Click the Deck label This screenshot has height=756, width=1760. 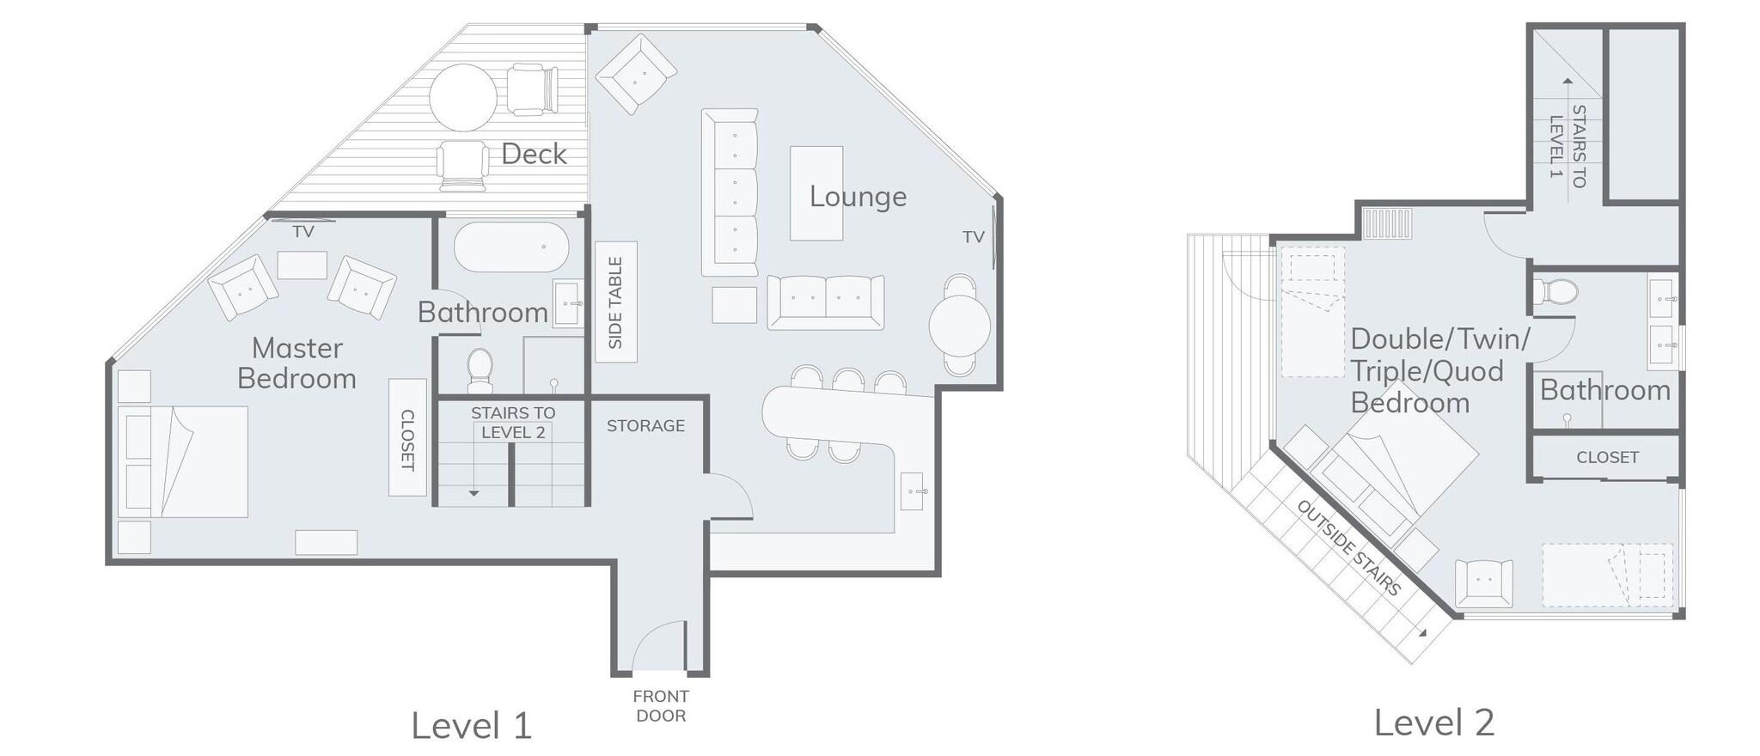(534, 154)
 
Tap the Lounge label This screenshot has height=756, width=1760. (858, 197)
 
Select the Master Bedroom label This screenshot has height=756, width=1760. (296, 363)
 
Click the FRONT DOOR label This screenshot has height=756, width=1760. (661, 705)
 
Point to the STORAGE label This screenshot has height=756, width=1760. (645, 425)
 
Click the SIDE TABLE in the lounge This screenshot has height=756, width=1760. (616, 302)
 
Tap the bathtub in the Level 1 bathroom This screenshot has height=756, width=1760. (511, 247)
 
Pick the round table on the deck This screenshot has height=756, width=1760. (463, 96)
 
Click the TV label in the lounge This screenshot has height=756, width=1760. (973, 237)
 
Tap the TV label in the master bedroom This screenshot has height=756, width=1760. (303, 232)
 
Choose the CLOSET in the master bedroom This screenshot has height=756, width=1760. (407, 437)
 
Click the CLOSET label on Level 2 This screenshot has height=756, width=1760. (1607, 457)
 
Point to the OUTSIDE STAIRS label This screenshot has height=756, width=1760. (1348, 548)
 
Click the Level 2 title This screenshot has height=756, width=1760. (1433, 722)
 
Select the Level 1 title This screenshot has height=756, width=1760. (471, 725)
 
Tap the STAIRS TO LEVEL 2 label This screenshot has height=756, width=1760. (513, 423)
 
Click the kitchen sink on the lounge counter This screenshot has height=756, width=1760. (914, 491)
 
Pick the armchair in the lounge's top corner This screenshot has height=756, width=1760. (636, 74)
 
